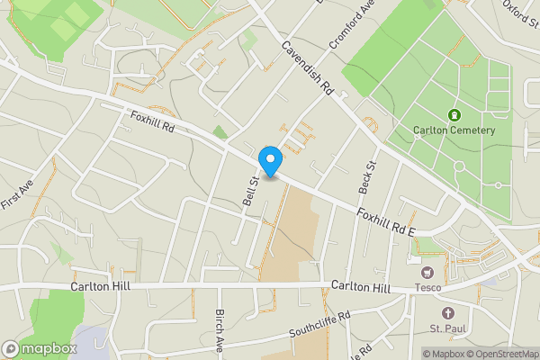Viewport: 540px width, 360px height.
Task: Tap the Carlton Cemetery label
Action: click(x=454, y=130)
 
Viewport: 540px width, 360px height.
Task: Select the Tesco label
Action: click(x=427, y=289)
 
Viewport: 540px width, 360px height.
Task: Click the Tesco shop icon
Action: click(x=427, y=271)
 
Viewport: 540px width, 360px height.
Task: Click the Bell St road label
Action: click(x=250, y=191)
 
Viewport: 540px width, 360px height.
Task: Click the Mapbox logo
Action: click(x=38, y=348)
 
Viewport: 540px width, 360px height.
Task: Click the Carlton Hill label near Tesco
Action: click(x=360, y=287)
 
